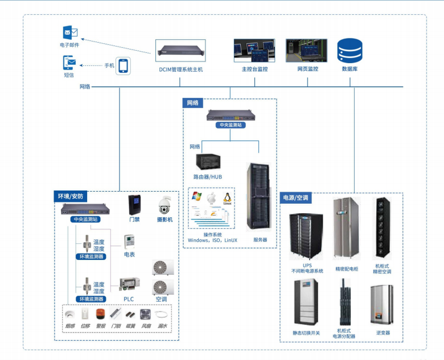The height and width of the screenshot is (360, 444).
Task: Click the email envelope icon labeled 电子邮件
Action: [x=71, y=32]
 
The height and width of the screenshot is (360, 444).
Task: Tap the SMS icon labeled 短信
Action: [x=69, y=62]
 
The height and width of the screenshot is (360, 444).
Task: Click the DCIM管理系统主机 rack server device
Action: [x=180, y=51]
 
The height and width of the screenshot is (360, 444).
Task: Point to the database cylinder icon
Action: [x=350, y=51]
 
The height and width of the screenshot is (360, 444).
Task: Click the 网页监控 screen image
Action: [x=307, y=50]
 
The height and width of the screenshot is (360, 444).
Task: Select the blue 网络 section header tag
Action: [x=193, y=103]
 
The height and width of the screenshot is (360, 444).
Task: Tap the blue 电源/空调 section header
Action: [x=296, y=197]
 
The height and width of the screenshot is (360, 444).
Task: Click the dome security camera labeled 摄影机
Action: [x=165, y=204]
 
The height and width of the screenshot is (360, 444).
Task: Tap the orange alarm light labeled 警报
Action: [x=100, y=313]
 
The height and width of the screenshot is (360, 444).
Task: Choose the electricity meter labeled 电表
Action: [x=129, y=240]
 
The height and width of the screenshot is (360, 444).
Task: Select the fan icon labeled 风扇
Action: [x=145, y=313]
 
